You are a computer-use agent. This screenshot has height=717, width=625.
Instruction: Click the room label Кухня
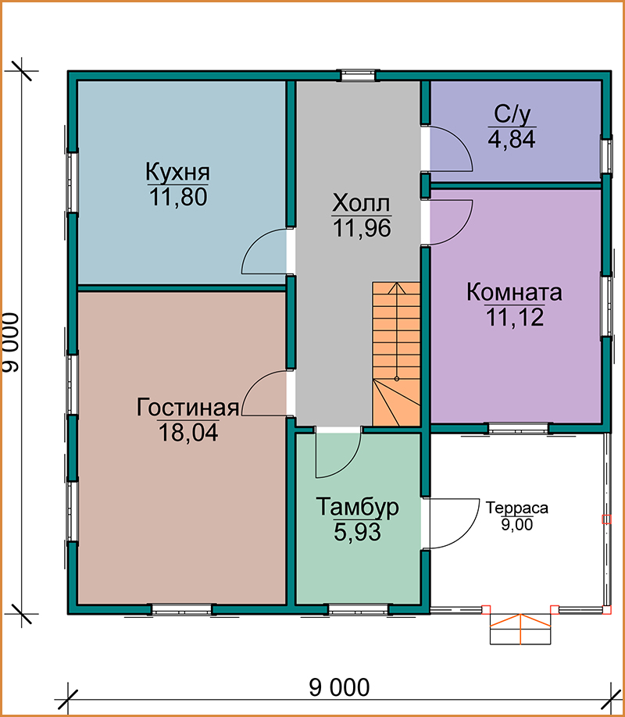tap(178, 173)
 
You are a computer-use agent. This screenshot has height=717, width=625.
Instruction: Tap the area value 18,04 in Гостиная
tap(188, 432)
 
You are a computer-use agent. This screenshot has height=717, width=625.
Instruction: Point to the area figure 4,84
tap(512, 138)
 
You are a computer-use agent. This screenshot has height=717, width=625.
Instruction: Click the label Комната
tap(514, 292)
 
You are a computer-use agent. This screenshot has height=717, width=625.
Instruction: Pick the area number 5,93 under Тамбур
tap(357, 532)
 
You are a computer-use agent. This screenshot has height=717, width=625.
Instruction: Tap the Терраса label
tap(517, 508)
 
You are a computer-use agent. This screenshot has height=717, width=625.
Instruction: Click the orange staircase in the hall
tap(396, 354)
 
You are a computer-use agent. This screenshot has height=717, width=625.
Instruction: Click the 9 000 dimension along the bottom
tap(339, 687)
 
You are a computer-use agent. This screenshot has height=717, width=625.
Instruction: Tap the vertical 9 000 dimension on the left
tap(11, 343)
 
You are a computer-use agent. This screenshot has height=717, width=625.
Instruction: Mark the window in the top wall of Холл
tap(358, 75)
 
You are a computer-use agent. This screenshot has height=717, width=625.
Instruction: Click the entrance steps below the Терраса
tap(520, 629)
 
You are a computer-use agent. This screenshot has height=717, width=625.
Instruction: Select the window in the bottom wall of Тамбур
tap(359, 609)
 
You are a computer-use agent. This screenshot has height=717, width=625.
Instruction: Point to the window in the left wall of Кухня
tap(73, 182)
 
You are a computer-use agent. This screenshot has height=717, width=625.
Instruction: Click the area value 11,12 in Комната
tap(515, 317)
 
